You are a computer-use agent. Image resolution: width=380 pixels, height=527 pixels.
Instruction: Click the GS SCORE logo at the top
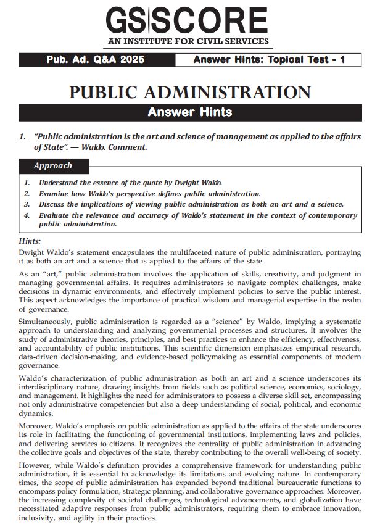click(189, 21)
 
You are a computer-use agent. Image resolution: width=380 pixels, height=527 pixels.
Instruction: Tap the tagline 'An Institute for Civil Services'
click(189, 42)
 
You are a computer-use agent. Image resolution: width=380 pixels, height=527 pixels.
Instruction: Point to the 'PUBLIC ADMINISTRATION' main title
click(189, 92)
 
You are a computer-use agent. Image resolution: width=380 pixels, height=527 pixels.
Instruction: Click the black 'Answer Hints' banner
click(189, 112)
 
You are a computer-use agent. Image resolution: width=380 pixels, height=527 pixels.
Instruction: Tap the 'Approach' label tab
click(52, 165)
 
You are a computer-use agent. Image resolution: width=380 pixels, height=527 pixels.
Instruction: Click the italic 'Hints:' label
click(30, 241)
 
